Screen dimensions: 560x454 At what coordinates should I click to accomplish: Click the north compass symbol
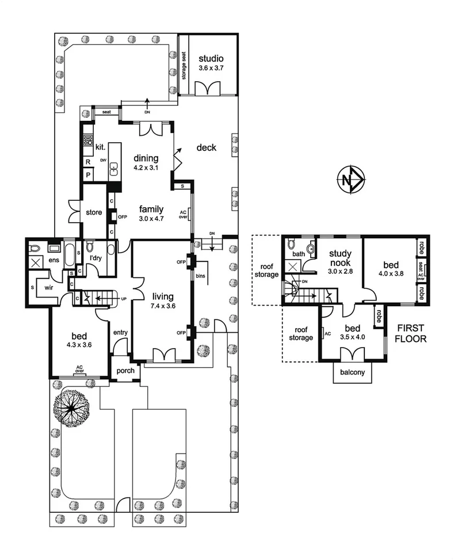click(x=350, y=180)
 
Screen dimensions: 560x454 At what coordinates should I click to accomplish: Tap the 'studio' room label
click(x=211, y=59)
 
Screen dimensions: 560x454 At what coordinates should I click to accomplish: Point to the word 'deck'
click(x=206, y=148)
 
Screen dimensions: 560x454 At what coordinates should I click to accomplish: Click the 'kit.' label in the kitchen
click(x=100, y=148)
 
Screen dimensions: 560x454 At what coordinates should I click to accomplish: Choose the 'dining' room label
click(x=145, y=158)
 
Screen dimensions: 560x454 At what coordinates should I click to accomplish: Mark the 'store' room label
click(x=94, y=212)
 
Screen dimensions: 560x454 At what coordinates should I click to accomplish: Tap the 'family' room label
click(x=151, y=209)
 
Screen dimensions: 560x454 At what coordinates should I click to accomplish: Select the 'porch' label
click(x=125, y=371)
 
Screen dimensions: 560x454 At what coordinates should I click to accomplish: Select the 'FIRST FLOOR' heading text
click(x=411, y=334)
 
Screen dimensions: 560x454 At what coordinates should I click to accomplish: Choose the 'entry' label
click(x=120, y=332)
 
